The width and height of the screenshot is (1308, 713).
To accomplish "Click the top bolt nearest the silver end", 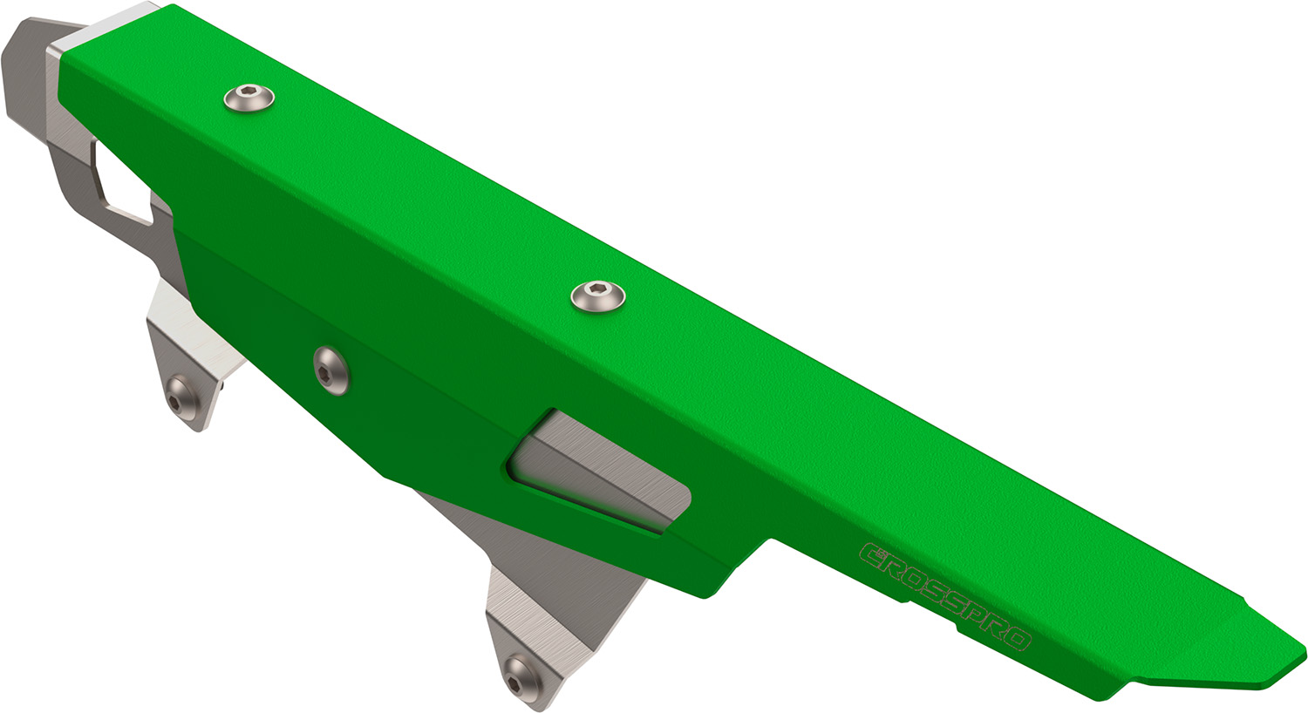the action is point(249,98).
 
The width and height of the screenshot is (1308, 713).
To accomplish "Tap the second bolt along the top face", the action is point(598,295).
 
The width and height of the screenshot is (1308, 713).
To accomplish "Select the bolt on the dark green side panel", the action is point(331,370).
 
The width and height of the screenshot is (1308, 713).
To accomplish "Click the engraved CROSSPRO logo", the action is point(946,596).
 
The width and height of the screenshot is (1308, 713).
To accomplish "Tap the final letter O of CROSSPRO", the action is point(1017,638).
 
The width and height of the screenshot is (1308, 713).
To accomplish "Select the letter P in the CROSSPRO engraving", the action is point(975,614).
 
